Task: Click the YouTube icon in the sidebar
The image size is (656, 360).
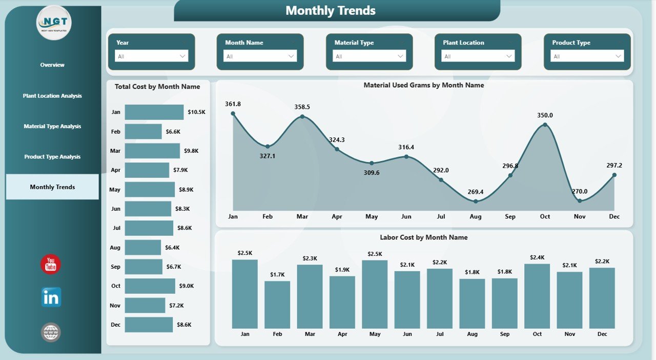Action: point(51,264)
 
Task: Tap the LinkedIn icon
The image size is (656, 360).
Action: point(51,297)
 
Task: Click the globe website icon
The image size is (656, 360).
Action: point(51,332)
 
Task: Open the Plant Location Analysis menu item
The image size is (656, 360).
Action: point(52,96)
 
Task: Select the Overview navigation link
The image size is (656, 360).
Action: point(52,65)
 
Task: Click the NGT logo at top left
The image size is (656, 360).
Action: point(54,23)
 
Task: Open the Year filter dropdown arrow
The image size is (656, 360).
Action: point(182,56)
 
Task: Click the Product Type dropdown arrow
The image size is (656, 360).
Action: point(618,56)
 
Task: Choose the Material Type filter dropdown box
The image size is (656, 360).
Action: point(369,56)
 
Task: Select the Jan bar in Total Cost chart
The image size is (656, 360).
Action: point(154,112)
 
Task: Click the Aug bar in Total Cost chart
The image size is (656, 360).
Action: point(142,248)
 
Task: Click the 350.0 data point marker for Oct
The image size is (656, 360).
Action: point(545,125)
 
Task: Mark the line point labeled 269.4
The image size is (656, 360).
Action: point(476,201)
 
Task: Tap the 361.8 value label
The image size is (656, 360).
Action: point(233,104)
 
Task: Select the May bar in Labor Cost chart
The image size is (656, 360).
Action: point(375,294)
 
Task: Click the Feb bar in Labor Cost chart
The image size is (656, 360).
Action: point(277,305)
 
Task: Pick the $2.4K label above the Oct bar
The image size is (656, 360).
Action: point(537,257)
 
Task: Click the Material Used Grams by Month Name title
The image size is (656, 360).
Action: point(423,86)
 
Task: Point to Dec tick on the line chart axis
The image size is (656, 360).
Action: point(614,217)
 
